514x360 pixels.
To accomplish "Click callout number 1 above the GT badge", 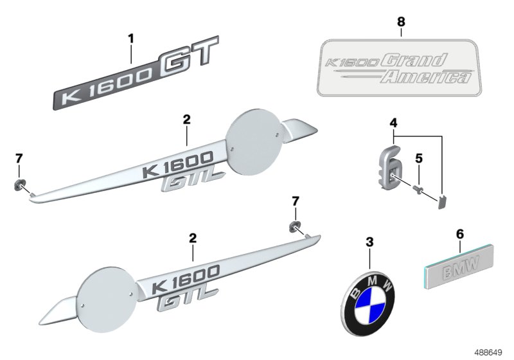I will tap(131, 39).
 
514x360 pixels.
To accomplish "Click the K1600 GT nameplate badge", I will tap(135, 76).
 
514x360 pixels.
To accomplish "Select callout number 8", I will tap(401, 22).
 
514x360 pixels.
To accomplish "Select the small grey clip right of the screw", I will tap(442, 203).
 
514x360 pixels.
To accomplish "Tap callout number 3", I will tap(369, 242).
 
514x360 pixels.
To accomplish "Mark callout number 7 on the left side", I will tap(19, 158).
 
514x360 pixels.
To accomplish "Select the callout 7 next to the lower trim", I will tap(296, 202).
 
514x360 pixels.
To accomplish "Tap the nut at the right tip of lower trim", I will tap(294, 225).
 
